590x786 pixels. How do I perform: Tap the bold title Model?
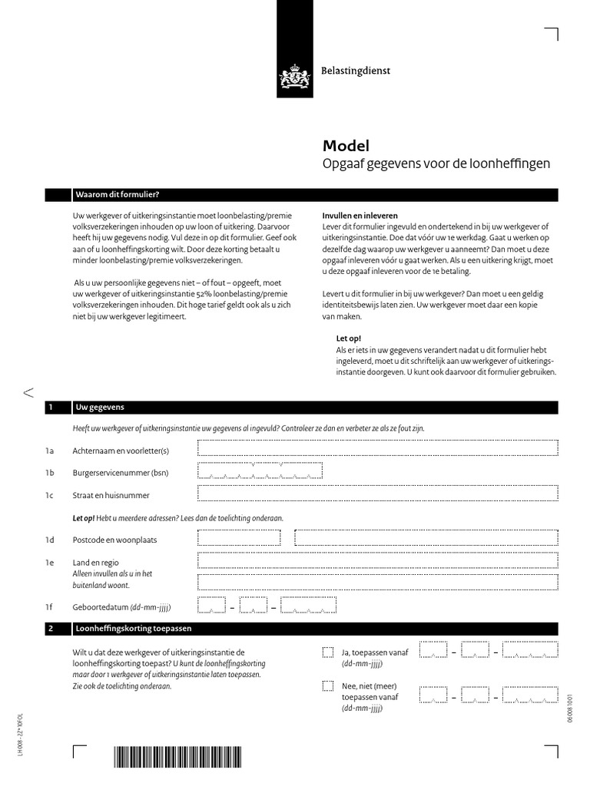(x=345, y=146)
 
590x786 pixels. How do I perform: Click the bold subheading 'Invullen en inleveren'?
(x=360, y=216)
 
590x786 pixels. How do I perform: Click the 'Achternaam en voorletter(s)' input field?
(x=377, y=448)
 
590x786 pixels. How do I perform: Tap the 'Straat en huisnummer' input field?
(x=377, y=495)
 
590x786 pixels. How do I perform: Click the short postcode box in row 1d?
(x=240, y=538)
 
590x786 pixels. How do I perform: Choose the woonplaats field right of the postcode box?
(x=426, y=538)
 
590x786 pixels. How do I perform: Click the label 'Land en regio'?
(x=95, y=563)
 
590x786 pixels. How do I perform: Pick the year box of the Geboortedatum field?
(x=303, y=606)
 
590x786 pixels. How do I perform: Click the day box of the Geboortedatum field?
(x=211, y=606)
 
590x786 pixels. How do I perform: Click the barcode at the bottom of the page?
(x=177, y=757)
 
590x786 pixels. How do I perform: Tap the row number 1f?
(x=48, y=607)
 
